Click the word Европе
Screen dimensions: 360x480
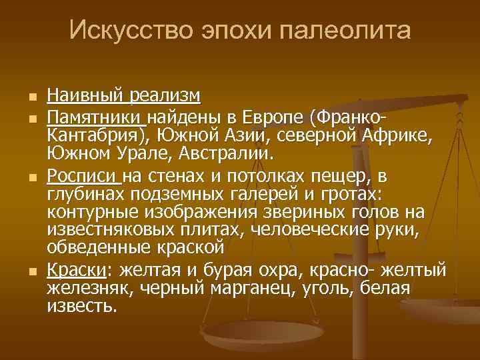274,119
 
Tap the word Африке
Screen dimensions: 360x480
398,137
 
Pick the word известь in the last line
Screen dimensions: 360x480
81,306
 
